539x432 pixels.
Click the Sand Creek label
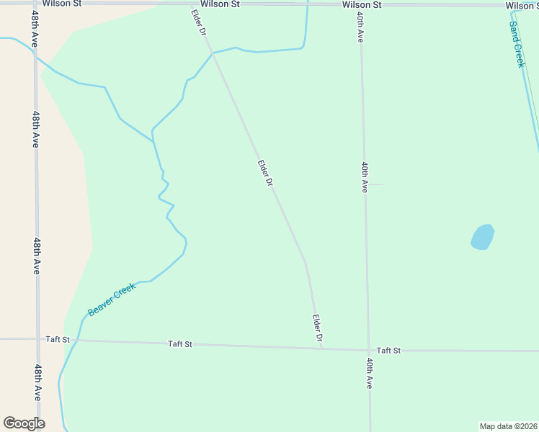click(517, 44)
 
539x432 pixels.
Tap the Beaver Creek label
click(112, 300)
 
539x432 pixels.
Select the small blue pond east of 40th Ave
click(483, 237)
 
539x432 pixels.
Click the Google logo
click(24, 423)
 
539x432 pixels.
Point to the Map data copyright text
click(509, 426)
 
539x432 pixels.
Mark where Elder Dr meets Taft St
click(321, 348)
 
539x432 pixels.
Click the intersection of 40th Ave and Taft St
click(368, 351)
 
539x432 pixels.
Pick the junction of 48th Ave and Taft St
click(37, 338)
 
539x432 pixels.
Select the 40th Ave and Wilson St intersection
click(359, 4)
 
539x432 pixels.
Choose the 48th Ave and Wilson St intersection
click(33, 4)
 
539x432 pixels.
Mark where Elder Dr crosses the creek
click(213, 53)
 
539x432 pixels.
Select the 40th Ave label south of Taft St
click(370, 373)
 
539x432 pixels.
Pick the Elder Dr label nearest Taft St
click(317, 328)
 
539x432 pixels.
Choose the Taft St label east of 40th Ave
click(388, 351)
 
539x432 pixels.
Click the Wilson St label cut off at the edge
click(522, 6)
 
